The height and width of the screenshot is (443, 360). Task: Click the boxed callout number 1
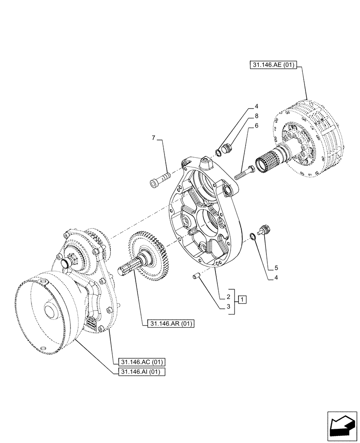click(x=242, y=300)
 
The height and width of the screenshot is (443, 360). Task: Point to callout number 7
click(x=153, y=139)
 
